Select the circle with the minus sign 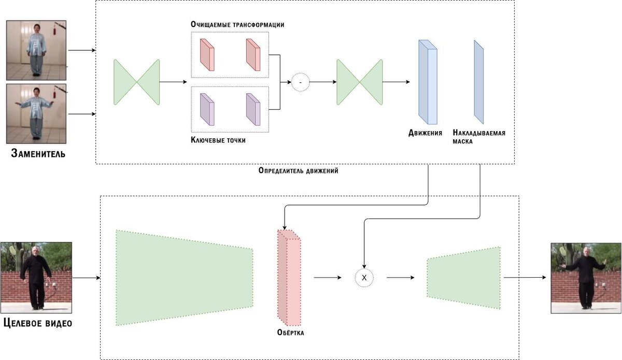300,82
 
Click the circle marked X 364,278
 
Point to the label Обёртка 290,333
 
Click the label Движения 425,133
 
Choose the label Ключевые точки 218,140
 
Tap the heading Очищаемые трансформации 237,25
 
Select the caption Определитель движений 298,170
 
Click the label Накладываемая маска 478,136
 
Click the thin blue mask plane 478,82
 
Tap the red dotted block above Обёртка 289,277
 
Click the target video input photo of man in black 36,277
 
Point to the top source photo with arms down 36,50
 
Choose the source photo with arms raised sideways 36,113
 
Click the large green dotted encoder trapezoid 184,278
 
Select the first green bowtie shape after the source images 137,82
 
